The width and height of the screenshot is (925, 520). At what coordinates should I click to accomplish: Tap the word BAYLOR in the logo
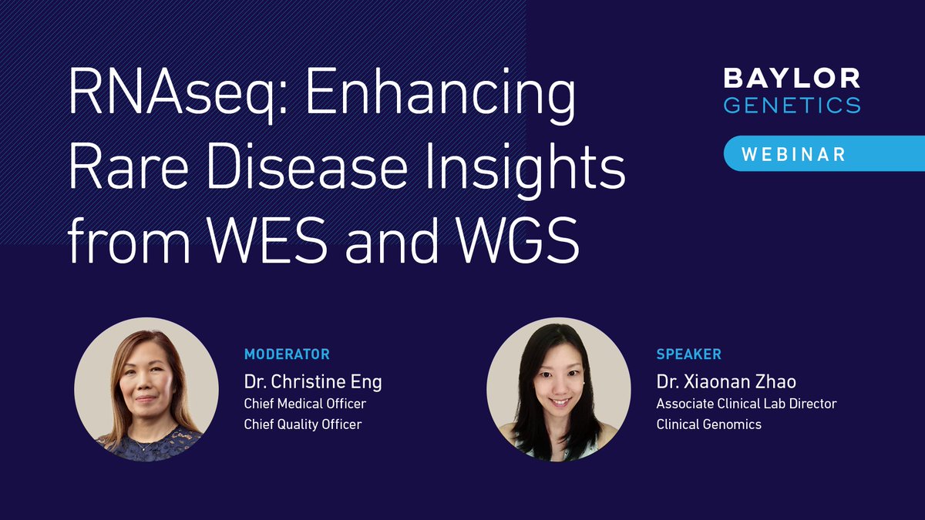pos(791,78)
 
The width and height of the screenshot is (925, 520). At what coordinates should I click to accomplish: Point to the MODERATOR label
pos(287,354)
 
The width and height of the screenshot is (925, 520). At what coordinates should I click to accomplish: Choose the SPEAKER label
pos(688,354)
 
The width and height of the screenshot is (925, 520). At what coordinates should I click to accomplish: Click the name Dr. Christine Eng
pos(313,381)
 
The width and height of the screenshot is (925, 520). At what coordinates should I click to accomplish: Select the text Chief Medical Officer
pos(304,404)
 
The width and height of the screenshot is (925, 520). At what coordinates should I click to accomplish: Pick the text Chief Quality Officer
pos(303,424)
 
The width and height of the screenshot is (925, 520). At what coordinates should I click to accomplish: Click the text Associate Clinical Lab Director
pos(746,404)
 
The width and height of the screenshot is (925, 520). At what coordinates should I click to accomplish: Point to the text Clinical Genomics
pos(708,424)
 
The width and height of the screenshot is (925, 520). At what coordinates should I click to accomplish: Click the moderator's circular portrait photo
pos(146,389)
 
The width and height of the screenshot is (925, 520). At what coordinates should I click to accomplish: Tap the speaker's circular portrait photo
pos(559,389)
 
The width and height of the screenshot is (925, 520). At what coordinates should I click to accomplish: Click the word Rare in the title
pos(123,169)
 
